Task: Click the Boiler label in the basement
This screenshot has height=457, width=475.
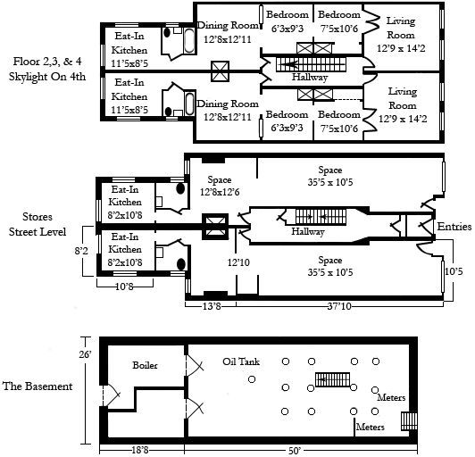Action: pos(145,365)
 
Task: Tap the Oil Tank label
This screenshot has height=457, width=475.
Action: pos(241,361)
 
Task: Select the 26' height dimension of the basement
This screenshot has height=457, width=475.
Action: pos(85,353)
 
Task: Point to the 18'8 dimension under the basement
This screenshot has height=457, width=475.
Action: pos(140,451)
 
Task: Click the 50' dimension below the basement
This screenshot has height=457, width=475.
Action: pos(293,451)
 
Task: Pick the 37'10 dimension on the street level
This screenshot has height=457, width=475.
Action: pos(339,306)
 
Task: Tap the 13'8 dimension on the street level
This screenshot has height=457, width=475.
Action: pos(212,306)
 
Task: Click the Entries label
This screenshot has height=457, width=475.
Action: pos(454,227)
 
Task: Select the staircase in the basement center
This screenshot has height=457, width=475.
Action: pos(332,379)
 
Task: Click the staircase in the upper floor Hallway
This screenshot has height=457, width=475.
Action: pos(311,64)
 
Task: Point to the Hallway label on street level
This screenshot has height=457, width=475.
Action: pos(308,232)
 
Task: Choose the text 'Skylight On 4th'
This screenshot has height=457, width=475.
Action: pos(47,77)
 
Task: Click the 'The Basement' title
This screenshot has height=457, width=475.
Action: pos(37,386)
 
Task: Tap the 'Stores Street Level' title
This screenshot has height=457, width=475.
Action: pos(37,224)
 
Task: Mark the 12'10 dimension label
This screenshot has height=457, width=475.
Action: pos(238,262)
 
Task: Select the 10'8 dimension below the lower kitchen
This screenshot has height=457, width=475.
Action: pos(124,287)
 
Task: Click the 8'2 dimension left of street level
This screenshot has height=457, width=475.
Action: pos(81,251)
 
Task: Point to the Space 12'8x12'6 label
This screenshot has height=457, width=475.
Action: pos(220,186)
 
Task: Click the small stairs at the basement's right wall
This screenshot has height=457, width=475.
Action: pos(409,421)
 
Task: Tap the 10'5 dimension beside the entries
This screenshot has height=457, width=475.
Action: pos(454,271)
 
